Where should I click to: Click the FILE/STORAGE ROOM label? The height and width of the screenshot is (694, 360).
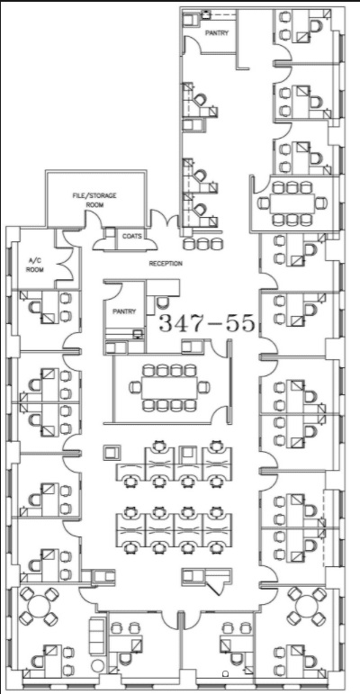click(x=94, y=200)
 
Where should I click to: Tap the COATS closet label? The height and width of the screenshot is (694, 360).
click(x=132, y=236)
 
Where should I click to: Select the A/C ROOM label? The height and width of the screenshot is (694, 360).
click(x=34, y=266)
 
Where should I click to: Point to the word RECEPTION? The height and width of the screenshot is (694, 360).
click(x=166, y=264)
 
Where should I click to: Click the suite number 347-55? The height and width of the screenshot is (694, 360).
click(x=207, y=322)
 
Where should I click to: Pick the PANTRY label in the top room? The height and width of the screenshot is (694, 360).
click(x=217, y=32)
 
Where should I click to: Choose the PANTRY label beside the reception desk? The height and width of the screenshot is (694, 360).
click(x=124, y=311)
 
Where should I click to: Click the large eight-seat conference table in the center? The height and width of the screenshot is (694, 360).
click(x=169, y=388)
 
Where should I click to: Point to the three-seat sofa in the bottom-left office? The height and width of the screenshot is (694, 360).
click(x=97, y=636)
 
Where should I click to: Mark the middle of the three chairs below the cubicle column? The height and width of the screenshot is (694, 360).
click(x=202, y=243)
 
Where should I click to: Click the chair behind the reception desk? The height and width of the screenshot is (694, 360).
click(x=163, y=302)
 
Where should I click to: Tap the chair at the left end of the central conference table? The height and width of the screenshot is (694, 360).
click(x=135, y=388)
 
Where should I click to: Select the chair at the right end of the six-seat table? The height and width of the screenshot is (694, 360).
click(x=321, y=203)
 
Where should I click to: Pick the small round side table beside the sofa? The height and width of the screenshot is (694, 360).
click(x=96, y=665)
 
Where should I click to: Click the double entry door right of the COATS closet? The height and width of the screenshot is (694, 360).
click(x=165, y=220)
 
